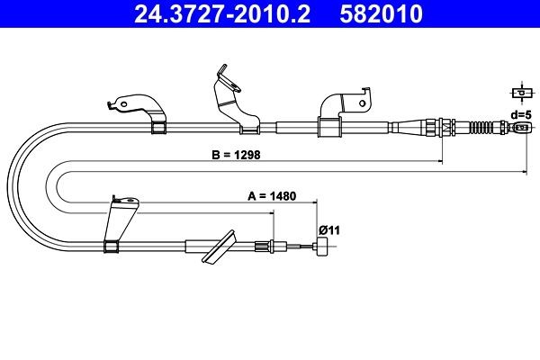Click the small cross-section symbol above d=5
[520, 93]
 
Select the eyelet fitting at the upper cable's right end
[519, 128]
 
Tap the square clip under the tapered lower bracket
[112, 247]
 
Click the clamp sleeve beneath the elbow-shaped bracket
[328, 127]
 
